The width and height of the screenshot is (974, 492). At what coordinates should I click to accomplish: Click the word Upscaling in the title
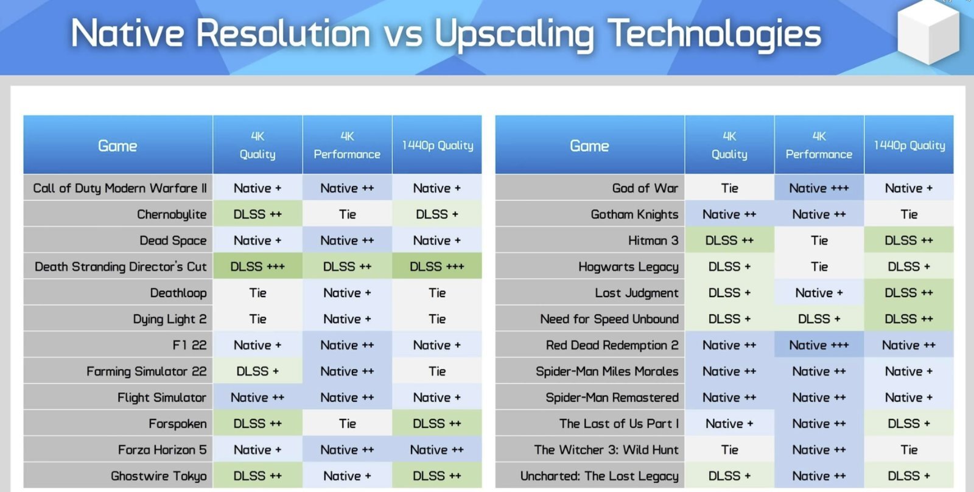514,35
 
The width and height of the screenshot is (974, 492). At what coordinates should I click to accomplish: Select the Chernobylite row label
172,214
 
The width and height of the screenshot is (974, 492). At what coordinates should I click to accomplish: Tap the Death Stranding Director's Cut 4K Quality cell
258,266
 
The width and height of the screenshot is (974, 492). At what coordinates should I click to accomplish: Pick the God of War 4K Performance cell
819,188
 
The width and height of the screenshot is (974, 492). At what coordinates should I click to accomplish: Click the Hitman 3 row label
653,240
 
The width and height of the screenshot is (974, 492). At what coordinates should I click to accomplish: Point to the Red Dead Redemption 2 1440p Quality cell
909,345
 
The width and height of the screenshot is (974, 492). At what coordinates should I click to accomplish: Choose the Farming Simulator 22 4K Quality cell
258,371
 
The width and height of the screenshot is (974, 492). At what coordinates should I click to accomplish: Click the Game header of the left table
118,146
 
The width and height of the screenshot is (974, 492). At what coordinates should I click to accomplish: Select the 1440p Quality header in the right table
909,146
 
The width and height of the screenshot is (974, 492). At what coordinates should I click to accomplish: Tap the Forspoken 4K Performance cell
347,423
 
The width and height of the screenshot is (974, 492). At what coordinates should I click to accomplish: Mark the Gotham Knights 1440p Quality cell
909,214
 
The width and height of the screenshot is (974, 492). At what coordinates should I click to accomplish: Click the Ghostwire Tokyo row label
159,476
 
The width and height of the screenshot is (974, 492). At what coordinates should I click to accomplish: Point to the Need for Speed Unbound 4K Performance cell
819,319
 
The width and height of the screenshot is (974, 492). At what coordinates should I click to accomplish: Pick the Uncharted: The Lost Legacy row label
599,476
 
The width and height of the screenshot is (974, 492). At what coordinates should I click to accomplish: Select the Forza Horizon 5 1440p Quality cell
437,449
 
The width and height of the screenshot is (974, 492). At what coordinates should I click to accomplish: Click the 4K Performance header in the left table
347,146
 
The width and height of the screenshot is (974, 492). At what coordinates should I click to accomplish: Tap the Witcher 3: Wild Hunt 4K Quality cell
729,449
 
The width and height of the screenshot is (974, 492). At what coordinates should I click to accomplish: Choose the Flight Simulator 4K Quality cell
258,397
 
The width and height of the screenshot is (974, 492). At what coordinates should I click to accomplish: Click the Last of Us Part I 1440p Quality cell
909,423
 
